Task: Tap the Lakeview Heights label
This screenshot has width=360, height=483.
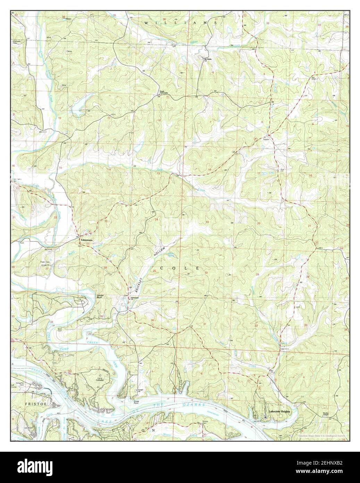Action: point(279,411)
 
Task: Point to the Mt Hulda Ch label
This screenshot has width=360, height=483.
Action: point(208,60)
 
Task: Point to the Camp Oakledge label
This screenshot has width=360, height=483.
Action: point(101,378)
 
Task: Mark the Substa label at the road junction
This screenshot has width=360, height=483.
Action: point(267,139)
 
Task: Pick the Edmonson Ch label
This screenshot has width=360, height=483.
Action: point(135,298)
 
